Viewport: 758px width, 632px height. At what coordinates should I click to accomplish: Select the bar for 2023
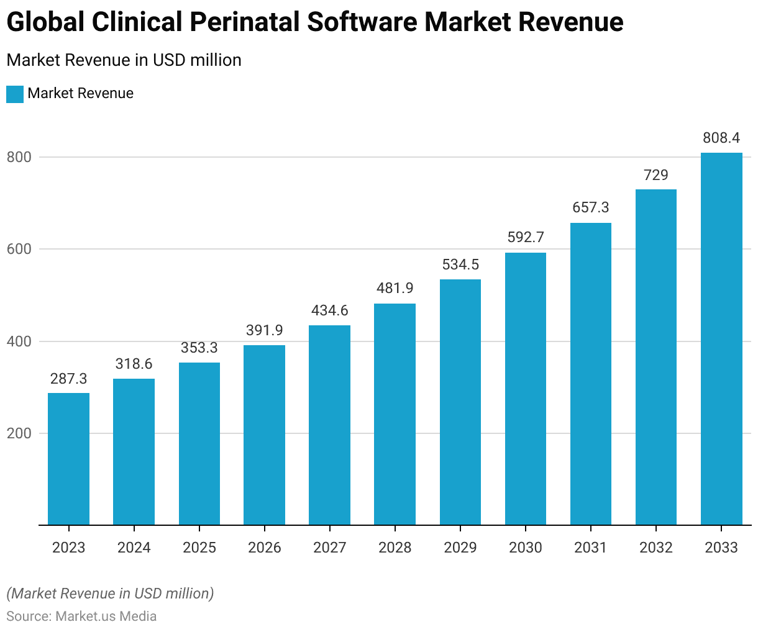(x=68, y=459)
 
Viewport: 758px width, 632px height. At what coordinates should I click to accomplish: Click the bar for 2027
(x=329, y=425)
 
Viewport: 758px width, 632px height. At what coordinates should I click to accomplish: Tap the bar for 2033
(x=721, y=339)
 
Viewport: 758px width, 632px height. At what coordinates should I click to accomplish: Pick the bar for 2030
(x=526, y=389)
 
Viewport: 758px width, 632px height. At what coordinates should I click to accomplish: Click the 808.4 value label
(x=721, y=138)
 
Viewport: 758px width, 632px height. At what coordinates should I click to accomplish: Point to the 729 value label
(x=656, y=175)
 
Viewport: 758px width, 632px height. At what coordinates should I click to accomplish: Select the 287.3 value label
(x=68, y=379)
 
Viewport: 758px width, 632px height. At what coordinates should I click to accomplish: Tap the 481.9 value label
(x=395, y=289)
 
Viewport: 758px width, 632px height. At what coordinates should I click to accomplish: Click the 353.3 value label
(x=199, y=348)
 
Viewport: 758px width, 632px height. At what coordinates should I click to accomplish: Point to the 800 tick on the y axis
(x=19, y=157)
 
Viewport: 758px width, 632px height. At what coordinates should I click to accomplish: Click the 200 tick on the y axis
(x=19, y=433)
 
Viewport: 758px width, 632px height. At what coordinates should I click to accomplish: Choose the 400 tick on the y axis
(x=19, y=341)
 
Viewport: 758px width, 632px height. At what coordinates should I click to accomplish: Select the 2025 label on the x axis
(x=199, y=548)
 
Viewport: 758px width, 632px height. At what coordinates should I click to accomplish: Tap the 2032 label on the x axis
(x=656, y=548)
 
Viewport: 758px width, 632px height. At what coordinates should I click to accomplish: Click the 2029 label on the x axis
(x=460, y=548)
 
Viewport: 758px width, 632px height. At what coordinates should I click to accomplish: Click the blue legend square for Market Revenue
(x=15, y=94)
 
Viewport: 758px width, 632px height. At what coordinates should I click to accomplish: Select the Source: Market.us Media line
(x=81, y=616)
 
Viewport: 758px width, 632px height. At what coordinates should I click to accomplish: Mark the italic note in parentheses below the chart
(x=110, y=594)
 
